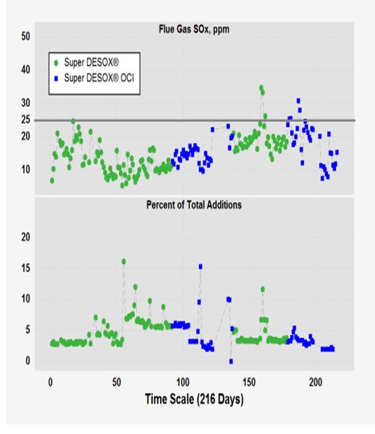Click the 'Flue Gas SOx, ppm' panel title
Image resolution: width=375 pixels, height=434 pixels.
click(194, 29)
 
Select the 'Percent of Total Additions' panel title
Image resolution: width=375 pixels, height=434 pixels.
click(194, 205)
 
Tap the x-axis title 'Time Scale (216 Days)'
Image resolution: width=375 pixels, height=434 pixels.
click(194, 399)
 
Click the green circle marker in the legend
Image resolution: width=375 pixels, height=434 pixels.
click(56, 63)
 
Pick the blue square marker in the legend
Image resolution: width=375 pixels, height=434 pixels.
click(56, 79)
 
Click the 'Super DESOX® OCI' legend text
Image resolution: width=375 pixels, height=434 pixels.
click(99, 78)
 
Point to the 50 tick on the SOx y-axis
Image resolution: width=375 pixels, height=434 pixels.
click(26, 37)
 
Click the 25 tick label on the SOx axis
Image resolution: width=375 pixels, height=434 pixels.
click(26, 119)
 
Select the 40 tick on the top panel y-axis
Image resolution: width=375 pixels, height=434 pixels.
click(26, 69)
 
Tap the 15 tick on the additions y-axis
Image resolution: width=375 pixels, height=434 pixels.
click(26, 268)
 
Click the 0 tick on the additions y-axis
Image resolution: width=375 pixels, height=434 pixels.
click(28, 360)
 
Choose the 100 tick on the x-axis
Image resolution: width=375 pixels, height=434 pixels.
click(182, 382)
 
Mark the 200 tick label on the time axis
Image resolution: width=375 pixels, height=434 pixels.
click(316, 382)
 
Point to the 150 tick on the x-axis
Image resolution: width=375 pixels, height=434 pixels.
click(249, 382)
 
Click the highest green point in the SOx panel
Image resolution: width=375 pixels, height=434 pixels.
click(261, 88)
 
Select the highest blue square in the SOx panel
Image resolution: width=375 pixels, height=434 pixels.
click(298, 101)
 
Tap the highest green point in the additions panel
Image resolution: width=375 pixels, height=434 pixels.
click(124, 261)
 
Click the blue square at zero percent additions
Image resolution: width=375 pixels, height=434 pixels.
click(231, 361)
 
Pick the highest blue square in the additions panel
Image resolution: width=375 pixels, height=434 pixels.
click(201, 267)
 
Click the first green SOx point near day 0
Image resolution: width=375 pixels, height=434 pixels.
click(52, 180)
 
